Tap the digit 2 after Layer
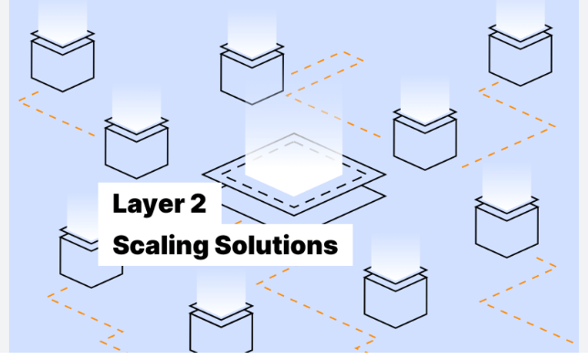pos(197,204)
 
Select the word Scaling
pos(159,245)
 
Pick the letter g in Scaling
pos(201,248)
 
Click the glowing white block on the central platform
pos(292,164)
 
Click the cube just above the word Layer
pos(136,146)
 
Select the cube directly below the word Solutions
pos(395,297)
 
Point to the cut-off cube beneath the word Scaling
pos(221,329)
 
